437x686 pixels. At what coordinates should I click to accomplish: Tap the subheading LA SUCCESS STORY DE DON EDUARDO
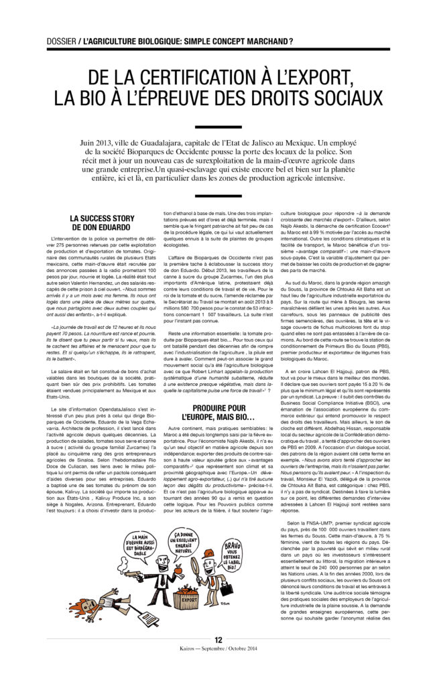pos(103,222)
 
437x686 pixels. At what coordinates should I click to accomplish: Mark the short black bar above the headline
pos(218,59)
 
